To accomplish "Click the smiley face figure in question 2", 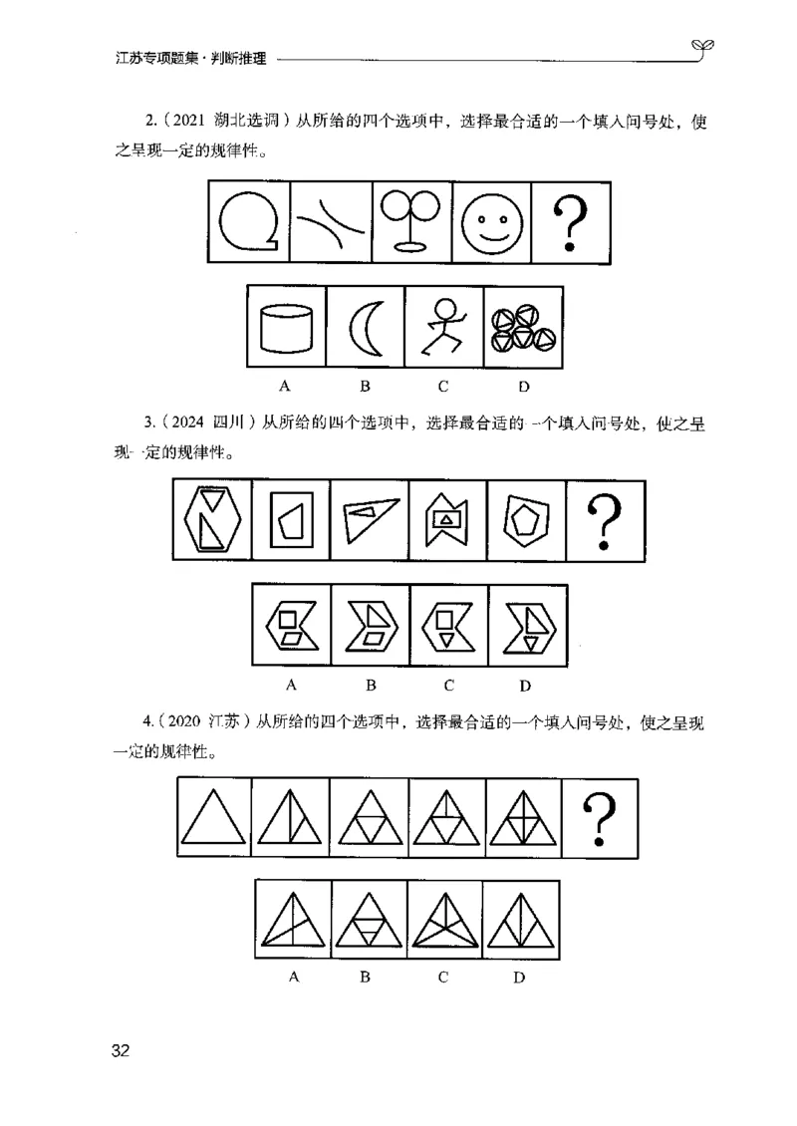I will tap(490, 222).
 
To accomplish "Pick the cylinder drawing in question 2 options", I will tap(286, 326).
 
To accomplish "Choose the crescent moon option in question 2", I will tap(365, 326).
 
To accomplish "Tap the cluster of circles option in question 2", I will tap(523, 326).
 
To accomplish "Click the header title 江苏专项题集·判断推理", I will tap(190, 59).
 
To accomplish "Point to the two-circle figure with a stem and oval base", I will tap(410, 222).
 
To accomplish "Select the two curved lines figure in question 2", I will tap(330, 222).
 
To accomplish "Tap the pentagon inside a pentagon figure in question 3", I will tap(526, 520).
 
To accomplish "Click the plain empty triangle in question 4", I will tap(214, 818).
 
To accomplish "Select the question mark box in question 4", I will tap(600, 818).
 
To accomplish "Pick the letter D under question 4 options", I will tap(520, 978).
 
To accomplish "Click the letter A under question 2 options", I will tap(285, 385).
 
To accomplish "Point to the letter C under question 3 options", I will tap(449, 685).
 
